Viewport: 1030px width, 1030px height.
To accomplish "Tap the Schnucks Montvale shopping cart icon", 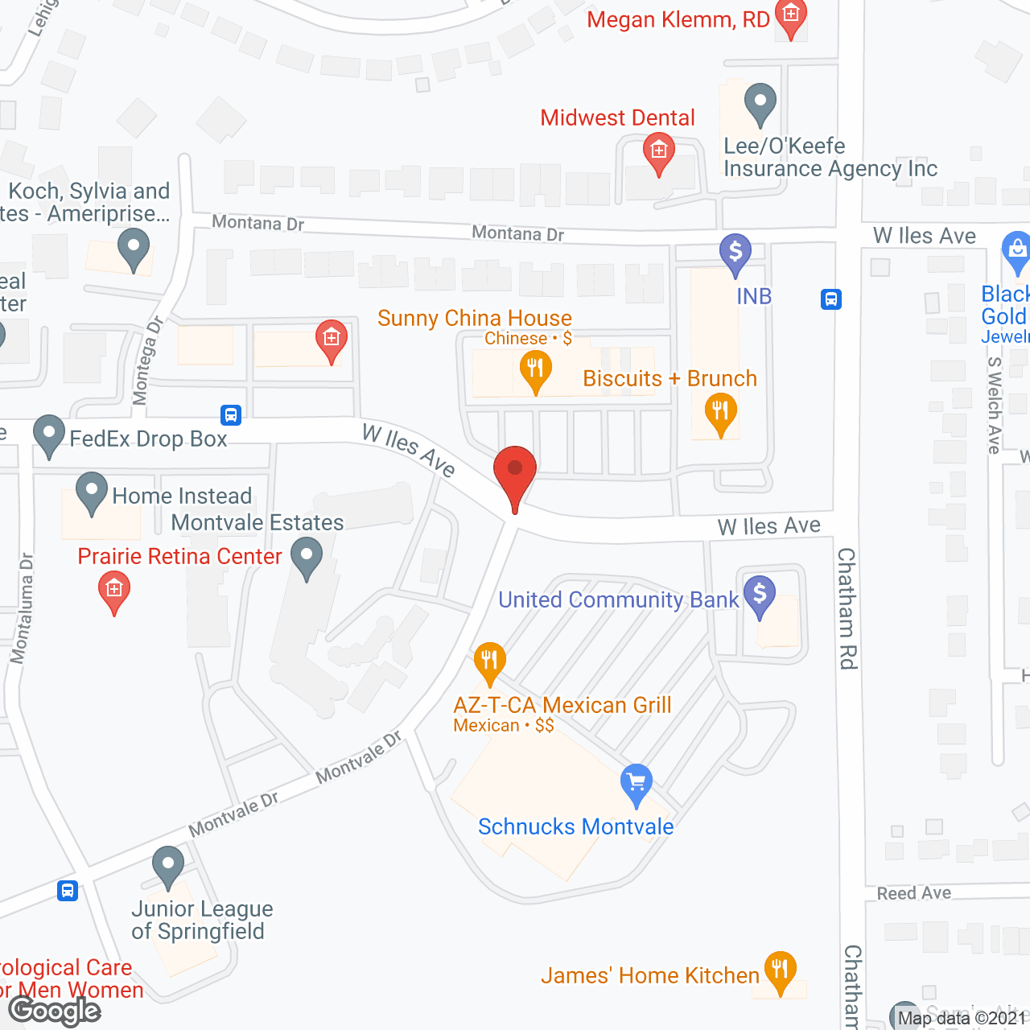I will coord(637,782).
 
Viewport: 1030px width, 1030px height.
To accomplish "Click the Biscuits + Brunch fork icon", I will coord(720,411).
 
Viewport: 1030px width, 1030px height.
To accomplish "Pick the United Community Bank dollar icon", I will coord(760,595).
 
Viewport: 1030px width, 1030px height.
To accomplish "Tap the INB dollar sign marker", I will coord(735,252).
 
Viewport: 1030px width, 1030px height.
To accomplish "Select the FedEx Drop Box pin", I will coord(49,435).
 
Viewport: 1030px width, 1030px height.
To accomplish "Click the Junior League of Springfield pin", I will coord(167,867).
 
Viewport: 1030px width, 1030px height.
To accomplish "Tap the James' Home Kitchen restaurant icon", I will coord(780,970).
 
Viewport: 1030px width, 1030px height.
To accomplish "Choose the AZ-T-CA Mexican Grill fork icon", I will coord(489,661).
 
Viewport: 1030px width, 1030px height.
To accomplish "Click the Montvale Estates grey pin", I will coord(307,556).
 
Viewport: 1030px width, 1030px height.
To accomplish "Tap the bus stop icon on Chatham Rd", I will coord(831,299).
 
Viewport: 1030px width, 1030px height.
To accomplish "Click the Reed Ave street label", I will coord(913,893).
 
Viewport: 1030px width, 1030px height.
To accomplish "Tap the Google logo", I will coord(55,1011).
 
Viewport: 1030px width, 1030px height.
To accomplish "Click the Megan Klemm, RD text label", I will coord(678,20).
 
